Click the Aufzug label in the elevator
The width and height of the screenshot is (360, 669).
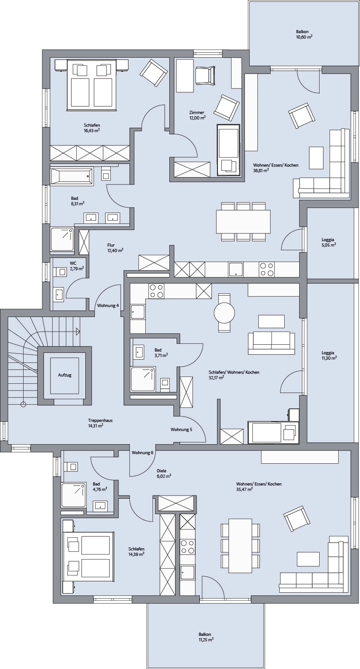[x=65, y=375]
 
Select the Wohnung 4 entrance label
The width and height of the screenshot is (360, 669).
[x=108, y=306]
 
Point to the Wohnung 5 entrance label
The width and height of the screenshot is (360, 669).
[x=181, y=430]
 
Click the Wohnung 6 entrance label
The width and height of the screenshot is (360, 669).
[x=143, y=452]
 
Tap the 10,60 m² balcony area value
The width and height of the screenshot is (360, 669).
[x=302, y=37]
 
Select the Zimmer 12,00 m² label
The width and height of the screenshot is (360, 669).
[x=197, y=115]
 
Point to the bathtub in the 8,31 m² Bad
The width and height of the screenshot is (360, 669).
[x=72, y=176]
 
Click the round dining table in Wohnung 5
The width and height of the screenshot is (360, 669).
[x=224, y=313]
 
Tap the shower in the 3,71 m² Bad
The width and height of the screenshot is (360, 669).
[x=143, y=379]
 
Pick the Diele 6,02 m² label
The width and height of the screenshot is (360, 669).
[x=164, y=474]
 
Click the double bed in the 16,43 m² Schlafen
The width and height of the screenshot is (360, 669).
[x=91, y=84]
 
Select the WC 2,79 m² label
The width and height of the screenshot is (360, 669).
[x=76, y=266]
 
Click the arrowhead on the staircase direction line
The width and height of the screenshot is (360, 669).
[x=78, y=331]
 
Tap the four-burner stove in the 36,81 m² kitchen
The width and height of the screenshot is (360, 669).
[x=266, y=270]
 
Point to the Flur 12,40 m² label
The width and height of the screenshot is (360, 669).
[x=115, y=248]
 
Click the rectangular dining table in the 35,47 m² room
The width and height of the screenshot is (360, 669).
[x=240, y=545]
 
